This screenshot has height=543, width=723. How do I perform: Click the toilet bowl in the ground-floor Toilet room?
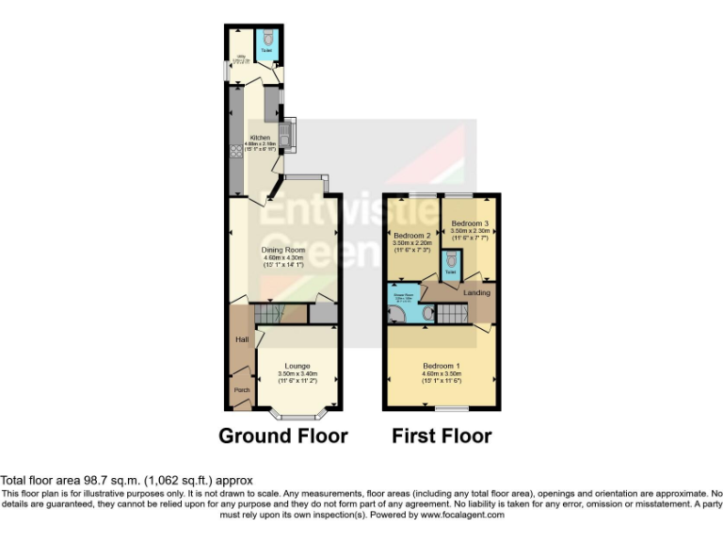coord(268,39)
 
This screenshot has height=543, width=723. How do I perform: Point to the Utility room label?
coord(241,58)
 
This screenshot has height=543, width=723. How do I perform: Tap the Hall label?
coord(241,338)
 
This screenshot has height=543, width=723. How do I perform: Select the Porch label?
coord(241,387)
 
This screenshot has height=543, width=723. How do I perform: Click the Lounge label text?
coord(297,366)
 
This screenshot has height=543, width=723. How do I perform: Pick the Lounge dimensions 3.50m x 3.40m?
coord(297,374)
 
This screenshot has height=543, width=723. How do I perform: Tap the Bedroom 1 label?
coord(442,366)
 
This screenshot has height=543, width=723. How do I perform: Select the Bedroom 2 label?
coord(411,235)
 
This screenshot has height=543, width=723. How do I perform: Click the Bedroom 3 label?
coord(470,223)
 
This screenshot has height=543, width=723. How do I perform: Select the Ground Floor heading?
coord(282,436)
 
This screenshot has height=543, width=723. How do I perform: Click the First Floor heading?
coord(442,436)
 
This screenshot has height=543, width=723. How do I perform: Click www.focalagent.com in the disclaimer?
coord(461,516)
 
